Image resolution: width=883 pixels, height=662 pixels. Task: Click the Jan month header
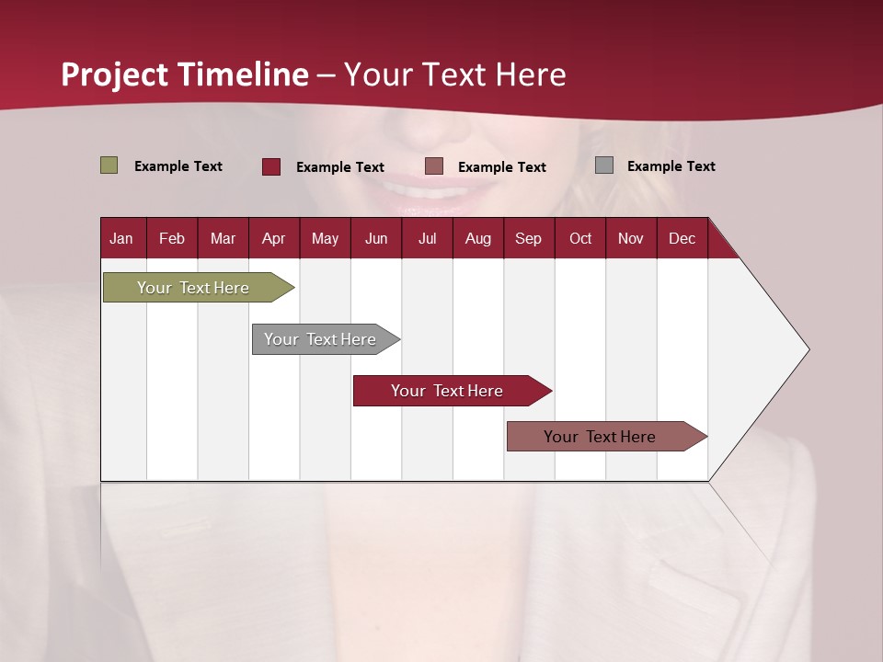point(121,238)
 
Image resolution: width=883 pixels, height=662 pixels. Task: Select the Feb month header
point(172,238)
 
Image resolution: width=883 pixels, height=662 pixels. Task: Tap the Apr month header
point(273,238)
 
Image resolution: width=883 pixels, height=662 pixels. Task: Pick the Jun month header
point(376,238)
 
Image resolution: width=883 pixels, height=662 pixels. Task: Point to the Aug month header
point(477,238)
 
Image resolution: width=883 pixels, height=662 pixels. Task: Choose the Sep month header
point(528,238)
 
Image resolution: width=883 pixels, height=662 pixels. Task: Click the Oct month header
point(580,238)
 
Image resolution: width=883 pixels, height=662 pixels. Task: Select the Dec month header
point(682,238)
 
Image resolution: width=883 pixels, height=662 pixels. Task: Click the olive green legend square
point(109,165)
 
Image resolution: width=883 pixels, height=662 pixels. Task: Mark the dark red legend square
point(271,166)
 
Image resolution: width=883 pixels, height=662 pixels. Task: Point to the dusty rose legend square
point(434,166)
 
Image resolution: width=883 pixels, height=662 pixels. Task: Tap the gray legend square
point(604,165)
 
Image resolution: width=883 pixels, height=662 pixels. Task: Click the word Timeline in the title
point(243,74)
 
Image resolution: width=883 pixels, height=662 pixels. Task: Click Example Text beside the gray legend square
point(671,166)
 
